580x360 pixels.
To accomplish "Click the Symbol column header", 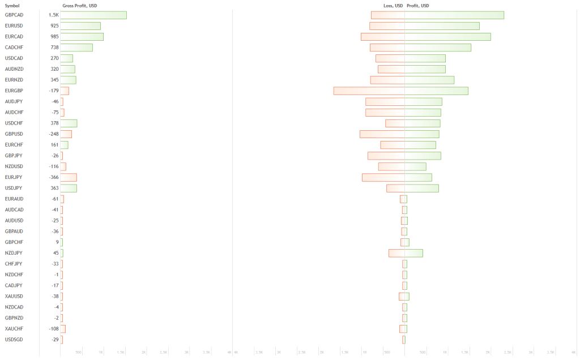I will click(12, 6).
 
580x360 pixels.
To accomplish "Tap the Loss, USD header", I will click(393, 6).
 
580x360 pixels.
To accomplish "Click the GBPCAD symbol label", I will click(14, 15).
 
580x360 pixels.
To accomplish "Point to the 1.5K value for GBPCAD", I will click(54, 15).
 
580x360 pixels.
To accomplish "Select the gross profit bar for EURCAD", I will click(82, 37).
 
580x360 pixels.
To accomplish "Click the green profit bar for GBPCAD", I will click(454, 15).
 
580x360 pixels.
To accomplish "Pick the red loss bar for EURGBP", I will click(369, 91).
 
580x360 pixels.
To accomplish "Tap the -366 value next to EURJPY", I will click(54, 177).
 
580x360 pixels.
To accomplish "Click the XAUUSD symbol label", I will click(14, 296).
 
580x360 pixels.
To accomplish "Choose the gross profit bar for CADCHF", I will click(76, 48).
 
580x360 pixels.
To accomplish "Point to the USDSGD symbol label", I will click(14, 340).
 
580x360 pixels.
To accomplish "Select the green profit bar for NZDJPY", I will click(413, 253).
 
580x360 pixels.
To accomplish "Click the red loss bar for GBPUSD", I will click(382, 134).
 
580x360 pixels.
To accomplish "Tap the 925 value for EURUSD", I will click(54, 26).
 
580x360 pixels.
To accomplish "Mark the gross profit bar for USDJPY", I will click(69, 188).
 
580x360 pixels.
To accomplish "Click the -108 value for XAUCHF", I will click(54, 329).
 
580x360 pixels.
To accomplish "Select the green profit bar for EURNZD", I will click(429, 80).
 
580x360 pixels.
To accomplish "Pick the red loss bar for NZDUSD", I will click(391, 166).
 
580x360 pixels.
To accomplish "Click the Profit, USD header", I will click(418, 6).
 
